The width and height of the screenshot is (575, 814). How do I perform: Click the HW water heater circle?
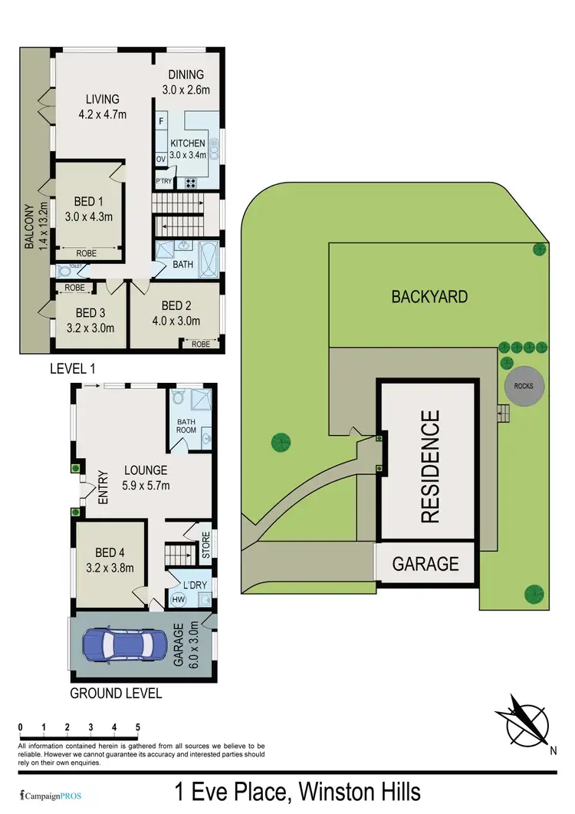(x=179, y=598)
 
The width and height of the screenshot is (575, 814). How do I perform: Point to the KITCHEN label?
(x=188, y=143)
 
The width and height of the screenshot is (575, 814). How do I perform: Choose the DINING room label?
(x=186, y=74)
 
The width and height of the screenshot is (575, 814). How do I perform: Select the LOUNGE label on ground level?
(x=144, y=470)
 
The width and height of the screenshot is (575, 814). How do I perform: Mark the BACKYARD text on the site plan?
(x=429, y=296)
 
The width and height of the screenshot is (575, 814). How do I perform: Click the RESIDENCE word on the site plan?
(x=431, y=466)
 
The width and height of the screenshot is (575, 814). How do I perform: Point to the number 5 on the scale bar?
(x=138, y=727)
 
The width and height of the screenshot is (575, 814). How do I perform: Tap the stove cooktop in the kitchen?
(x=189, y=182)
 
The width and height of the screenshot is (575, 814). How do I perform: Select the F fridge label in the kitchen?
(x=162, y=121)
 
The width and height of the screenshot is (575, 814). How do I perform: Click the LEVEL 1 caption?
(x=72, y=368)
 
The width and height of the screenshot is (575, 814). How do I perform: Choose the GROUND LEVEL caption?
(x=116, y=694)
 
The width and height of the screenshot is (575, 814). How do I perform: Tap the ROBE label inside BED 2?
(x=201, y=344)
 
